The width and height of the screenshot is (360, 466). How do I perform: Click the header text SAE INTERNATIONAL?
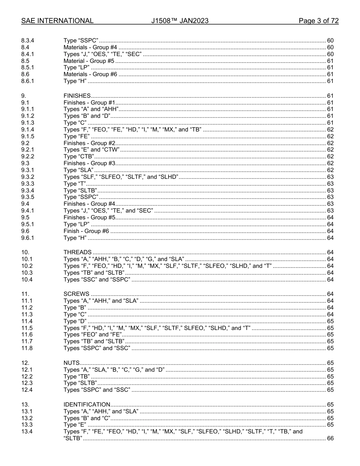tap(57, 21)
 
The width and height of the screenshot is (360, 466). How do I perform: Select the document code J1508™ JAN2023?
tap(180, 21)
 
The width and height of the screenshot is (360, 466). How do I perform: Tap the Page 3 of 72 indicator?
tap(318, 21)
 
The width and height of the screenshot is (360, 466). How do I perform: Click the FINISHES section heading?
tap(77, 96)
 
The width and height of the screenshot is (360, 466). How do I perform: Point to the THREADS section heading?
tap(77, 252)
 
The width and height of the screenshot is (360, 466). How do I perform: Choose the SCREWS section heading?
tap(76, 294)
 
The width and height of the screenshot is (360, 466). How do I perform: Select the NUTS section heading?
tap(72, 363)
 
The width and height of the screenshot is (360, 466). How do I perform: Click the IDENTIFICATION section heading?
tap(87, 405)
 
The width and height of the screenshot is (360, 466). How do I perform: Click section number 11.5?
tap(27, 328)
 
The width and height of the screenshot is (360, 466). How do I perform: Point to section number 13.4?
tap(27, 432)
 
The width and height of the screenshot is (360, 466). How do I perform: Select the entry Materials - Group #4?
tap(90, 47)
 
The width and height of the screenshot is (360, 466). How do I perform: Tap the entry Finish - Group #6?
tap(86, 231)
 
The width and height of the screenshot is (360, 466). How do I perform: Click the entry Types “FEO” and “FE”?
tap(92, 335)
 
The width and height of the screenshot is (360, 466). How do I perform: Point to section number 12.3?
tap(27, 383)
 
